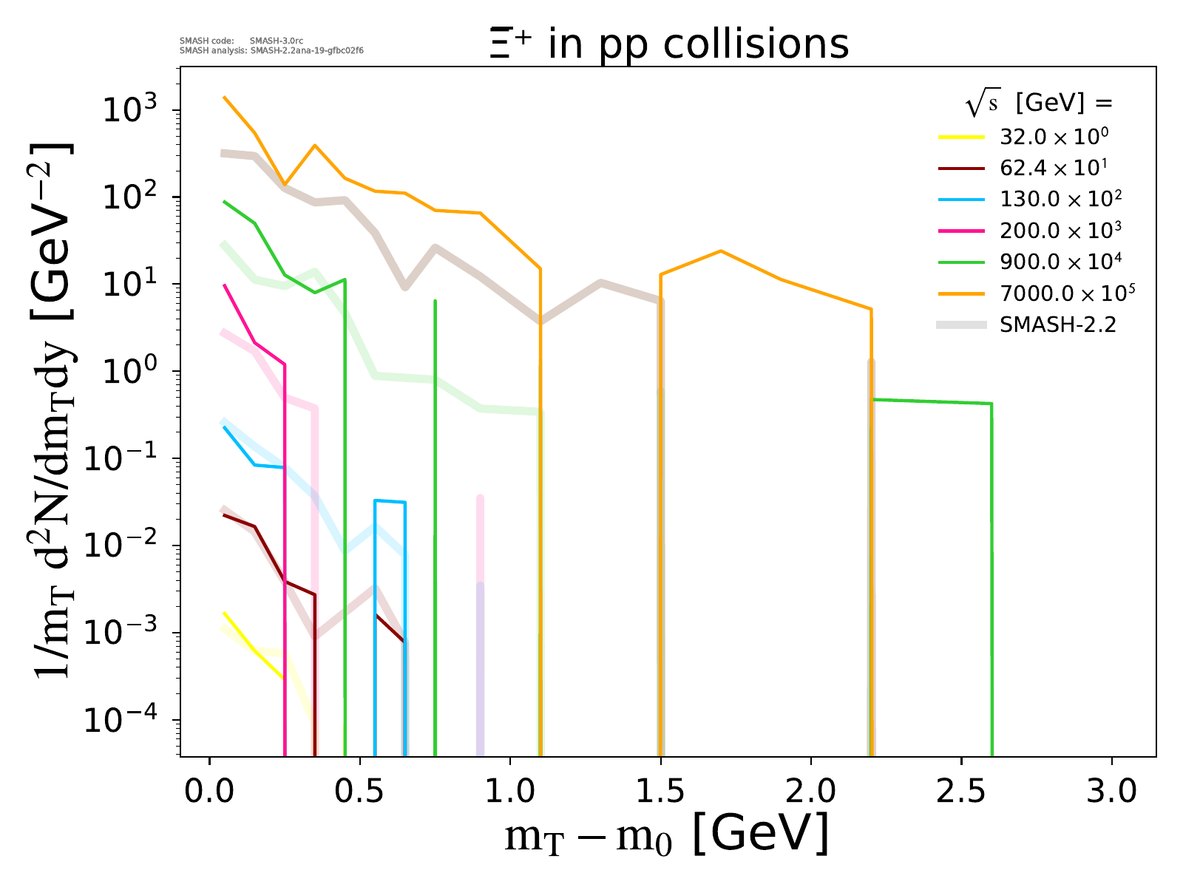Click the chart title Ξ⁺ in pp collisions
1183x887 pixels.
668,44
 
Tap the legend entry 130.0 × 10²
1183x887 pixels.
1060,200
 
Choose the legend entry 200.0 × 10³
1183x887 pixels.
1060,231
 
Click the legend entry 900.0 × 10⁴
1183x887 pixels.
1060,262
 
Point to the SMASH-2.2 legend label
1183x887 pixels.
1057,324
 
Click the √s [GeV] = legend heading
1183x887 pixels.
1039,103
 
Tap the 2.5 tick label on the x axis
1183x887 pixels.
961,792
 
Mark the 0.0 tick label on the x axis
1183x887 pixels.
210,792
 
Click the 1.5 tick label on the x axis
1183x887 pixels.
660,792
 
